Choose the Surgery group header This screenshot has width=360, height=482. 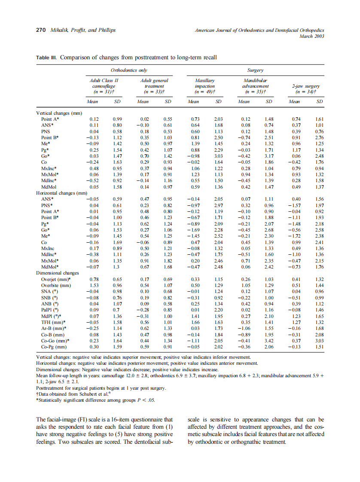point(255,70)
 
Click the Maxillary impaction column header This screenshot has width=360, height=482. point(205,85)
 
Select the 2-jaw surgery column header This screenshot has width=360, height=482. point(306,88)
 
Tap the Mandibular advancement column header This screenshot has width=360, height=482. point(256,85)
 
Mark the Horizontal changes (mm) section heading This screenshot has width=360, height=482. point(62,193)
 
